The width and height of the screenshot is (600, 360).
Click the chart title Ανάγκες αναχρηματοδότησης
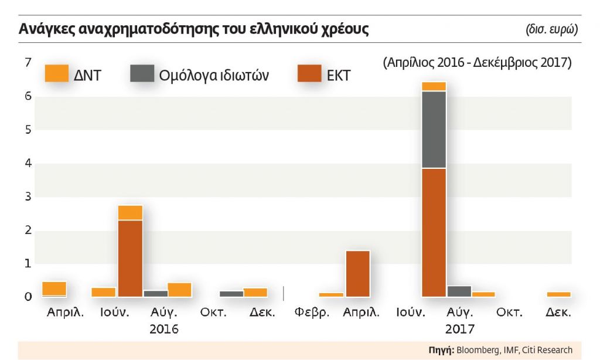point(193,29)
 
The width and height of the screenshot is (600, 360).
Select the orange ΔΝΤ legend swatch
point(57,74)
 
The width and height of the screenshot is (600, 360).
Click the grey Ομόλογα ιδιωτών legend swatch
point(141,74)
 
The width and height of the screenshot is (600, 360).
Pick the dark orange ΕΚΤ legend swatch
point(309,74)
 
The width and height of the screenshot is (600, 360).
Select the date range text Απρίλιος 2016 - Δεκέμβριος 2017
point(477,62)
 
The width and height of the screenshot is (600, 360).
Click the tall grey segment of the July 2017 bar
point(434,130)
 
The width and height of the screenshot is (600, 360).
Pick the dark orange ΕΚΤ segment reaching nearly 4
point(434,232)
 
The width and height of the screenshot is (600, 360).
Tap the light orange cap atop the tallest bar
point(434,87)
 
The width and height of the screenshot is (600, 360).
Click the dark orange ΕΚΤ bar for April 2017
point(357,273)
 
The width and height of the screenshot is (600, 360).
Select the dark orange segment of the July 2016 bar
point(130,258)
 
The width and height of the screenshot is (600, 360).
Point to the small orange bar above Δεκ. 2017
point(558,294)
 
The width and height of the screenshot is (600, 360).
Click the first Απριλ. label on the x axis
point(65,313)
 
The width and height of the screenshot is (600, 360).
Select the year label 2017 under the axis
point(459,328)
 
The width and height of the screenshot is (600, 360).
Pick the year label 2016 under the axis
point(163,328)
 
